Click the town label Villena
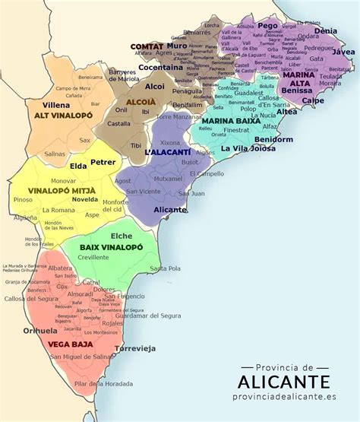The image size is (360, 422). (x=56, y=104)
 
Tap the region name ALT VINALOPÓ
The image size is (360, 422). (x=64, y=115)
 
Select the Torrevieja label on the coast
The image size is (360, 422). (x=134, y=348)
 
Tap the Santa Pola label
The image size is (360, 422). (x=165, y=268)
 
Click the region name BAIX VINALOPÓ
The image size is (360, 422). (x=112, y=248)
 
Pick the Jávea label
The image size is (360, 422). (x=343, y=52)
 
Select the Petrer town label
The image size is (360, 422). (x=103, y=162)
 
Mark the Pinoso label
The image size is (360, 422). (x=24, y=199)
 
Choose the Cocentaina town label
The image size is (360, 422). (x=161, y=67)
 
